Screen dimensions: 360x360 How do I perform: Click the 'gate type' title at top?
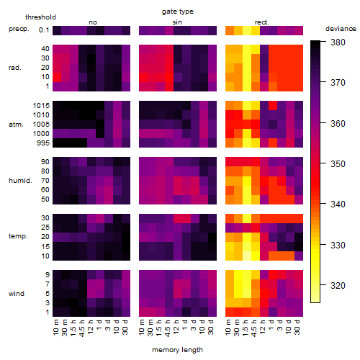point(178,12)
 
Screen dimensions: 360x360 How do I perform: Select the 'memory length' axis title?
point(178,350)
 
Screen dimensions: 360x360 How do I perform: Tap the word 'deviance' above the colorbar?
point(341,29)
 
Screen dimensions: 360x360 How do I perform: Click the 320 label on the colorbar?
point(338,286)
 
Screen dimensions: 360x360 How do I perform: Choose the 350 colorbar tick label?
point(338,164)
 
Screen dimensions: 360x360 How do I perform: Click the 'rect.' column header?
point(262,22)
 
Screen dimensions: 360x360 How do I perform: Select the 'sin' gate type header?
point(177,22)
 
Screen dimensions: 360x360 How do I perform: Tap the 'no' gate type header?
point(93,22)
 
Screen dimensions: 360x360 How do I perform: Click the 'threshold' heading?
point(40,17)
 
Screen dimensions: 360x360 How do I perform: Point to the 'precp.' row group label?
point(19,30)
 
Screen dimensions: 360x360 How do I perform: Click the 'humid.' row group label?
point(20,181)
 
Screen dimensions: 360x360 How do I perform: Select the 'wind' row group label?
point(17,294)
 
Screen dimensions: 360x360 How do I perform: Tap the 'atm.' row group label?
point(16,125)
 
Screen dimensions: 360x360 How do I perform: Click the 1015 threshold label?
point(41,106)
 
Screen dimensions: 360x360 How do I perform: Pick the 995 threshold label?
point(43,143)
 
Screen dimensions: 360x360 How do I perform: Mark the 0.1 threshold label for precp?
point(44,30)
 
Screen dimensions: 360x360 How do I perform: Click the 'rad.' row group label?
point(15,68)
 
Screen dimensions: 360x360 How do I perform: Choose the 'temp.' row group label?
point(18,236)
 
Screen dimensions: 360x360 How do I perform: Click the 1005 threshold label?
point(41,125)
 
